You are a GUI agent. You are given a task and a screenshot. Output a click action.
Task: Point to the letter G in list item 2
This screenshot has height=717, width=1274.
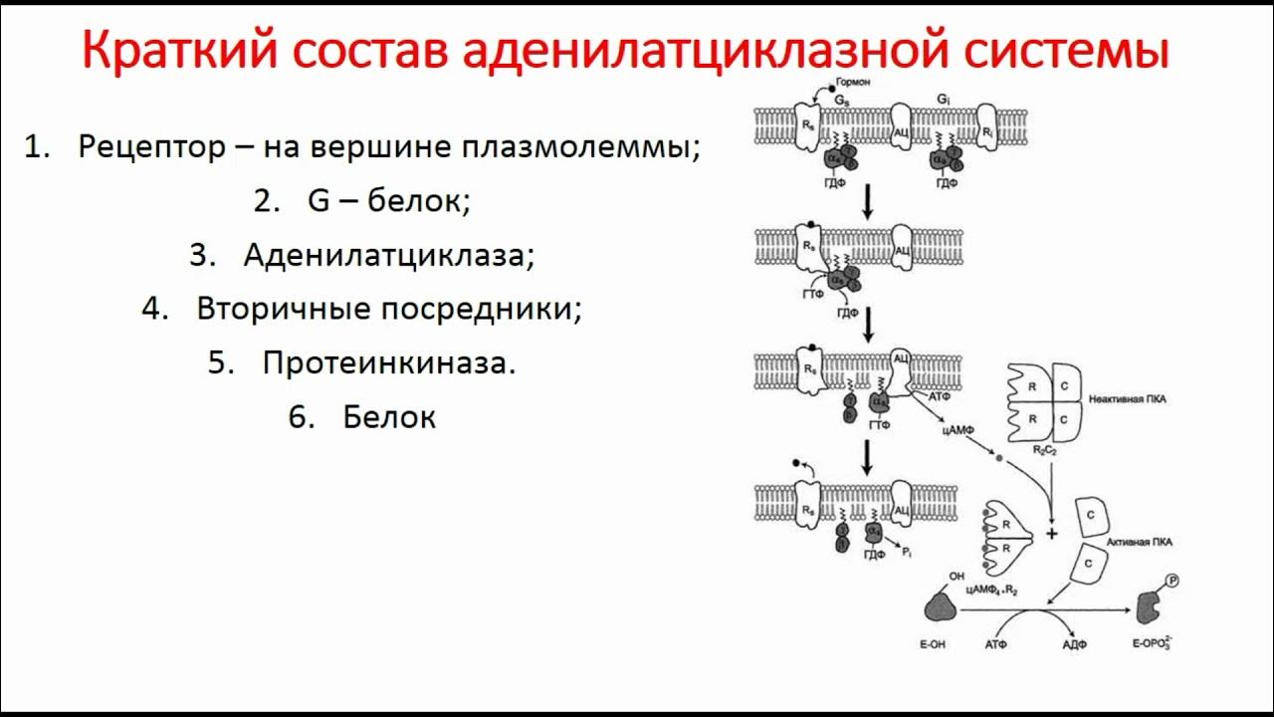[x=318, y=201]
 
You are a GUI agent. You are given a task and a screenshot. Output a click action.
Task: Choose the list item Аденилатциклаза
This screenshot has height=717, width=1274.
[x=388, y=255]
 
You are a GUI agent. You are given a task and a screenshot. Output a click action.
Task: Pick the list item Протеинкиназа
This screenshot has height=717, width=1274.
[x=389, y=362]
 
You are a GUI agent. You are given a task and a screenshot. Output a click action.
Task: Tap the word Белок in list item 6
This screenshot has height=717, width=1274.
[x=389, y=416]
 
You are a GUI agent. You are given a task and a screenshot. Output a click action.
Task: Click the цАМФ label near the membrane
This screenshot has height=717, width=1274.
[x=956, y=431]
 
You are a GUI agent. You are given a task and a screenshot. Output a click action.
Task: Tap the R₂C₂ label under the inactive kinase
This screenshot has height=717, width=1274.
[x=1045, y=450]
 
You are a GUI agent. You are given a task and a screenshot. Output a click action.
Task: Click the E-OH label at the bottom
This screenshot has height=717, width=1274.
[x=932, y=644]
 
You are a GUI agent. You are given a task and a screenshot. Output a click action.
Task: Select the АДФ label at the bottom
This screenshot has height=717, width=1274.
[x=1075, y=644]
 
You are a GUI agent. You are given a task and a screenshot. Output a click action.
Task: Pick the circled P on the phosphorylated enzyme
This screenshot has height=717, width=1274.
[x=1170, y=582]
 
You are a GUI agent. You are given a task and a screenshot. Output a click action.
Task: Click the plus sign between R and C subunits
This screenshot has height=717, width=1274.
[x=1051, y=535]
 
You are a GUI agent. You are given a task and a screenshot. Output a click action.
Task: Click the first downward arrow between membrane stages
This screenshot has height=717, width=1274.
[x=867, y=202]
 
